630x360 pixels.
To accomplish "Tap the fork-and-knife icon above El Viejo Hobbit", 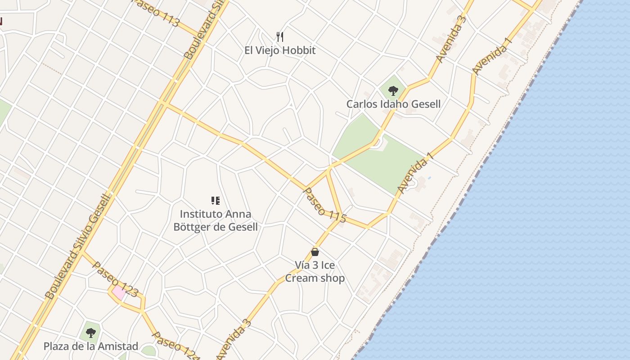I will click(x=280, y=36).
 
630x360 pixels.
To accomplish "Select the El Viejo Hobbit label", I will click(x=280, y=50).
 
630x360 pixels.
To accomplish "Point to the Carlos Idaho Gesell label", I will click(x=393, y=104).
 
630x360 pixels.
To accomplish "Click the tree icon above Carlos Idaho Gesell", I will click(x=393, y=91).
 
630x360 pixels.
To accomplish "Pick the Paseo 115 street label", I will click(x=325, y=205).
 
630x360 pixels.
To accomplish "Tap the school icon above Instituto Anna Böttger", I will click(x=216, y=201).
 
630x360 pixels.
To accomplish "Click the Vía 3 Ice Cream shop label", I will click(x=315, y=271).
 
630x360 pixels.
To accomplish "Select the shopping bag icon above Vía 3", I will click(x=315, y=252).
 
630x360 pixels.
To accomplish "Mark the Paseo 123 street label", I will click(x=115, y=279).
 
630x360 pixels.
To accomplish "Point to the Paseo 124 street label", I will click(x=175, y=346).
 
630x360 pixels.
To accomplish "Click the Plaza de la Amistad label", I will click(x=91, y=346).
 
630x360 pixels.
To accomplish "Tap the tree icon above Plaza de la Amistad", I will click(x=91, y=333).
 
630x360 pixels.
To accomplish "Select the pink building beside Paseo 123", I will click(x=119, y=292).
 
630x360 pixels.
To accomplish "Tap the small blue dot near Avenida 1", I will click(x=429, y=178).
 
